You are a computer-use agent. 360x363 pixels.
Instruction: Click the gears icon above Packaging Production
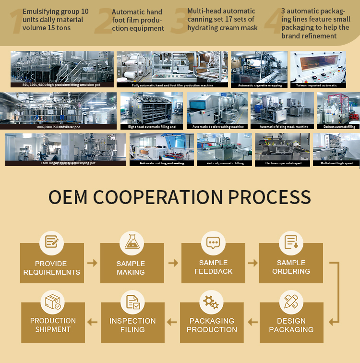pos(211,302)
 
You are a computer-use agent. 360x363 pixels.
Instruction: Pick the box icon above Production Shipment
pos(52,302)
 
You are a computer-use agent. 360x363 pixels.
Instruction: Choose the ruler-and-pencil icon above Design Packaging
pos(291,302)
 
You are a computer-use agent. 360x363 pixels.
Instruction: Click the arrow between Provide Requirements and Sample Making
pos(92,263)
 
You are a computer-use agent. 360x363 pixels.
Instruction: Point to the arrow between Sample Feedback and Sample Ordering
pos(252,263)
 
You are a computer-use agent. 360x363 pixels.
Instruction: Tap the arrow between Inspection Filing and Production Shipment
pos(92,322)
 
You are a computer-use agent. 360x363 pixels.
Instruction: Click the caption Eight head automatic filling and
pos(152,127)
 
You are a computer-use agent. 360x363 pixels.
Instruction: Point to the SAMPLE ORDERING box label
pos(291,267)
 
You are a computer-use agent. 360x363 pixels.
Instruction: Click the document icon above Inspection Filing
pos(132,302)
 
